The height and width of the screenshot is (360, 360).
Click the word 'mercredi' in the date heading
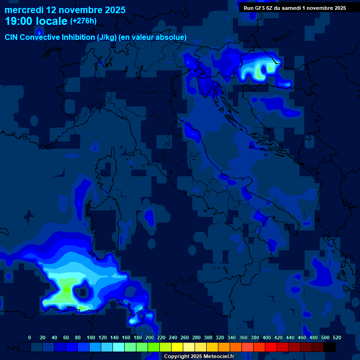pos(23,9)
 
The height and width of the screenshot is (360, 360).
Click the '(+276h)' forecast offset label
pos(83,21)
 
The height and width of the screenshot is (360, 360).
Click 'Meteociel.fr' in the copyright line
pos(218,356)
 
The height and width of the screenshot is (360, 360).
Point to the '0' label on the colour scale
pos(30,337)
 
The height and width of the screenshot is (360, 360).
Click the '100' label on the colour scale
pos(90,337)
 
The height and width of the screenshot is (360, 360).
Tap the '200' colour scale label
pos(149,337)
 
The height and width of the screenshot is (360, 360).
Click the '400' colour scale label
pos(266,337)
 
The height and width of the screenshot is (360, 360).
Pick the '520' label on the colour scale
pos(337,337)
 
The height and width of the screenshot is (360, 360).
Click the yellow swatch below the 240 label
pos(177,347)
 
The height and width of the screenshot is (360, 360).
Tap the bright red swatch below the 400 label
pos(271,347)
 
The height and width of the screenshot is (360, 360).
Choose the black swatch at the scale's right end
pos(330,347)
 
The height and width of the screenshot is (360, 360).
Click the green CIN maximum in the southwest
pos(66,290)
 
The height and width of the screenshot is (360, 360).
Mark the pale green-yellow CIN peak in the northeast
pos(259,73)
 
